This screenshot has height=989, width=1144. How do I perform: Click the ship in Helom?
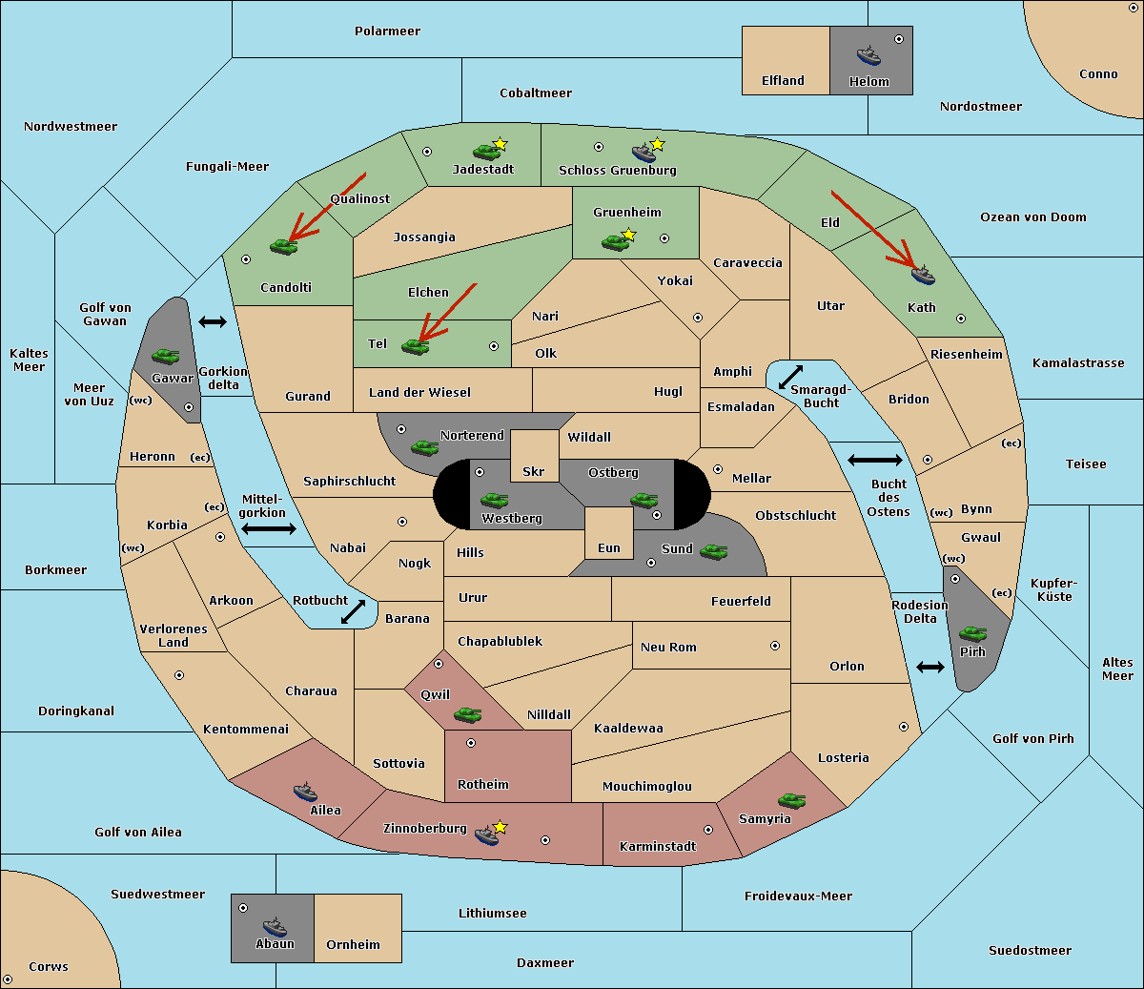(x=868, y=55)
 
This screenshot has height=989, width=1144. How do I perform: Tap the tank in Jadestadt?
(x=486, y=152)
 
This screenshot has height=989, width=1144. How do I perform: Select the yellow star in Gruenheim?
(x=629, y=235)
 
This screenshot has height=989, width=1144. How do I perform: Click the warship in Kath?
(x=923, y=275)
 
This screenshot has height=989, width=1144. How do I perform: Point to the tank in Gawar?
(x=166, y=356)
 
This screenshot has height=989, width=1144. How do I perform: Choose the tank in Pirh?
(x=972, y=633)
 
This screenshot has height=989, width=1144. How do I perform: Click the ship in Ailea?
(x=305, y=792)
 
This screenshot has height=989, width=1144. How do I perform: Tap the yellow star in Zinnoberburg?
(x=500, y=827)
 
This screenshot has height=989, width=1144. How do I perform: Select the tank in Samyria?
(x=791, y=800)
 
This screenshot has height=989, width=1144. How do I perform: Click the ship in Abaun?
(x=275, y=926)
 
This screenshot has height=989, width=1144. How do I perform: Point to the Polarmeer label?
(x=387, y=31)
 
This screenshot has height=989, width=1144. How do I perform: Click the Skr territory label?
(x=533, y=471)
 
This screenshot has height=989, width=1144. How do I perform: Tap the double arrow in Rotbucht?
(x=353, y=611)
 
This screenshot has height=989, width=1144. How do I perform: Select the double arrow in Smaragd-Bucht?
(x=790, y=377)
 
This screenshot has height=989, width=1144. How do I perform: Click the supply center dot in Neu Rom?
(x=775, y=646)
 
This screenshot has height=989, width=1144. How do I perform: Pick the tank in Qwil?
(x=467, y=714)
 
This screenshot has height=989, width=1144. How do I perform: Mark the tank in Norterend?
(x=424, y=447)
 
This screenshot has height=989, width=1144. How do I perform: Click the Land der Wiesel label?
(x=419, y=393)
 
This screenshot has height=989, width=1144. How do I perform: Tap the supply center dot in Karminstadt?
(x=708, y=830)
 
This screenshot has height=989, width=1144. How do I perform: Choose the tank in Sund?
(x=713, y=551)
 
